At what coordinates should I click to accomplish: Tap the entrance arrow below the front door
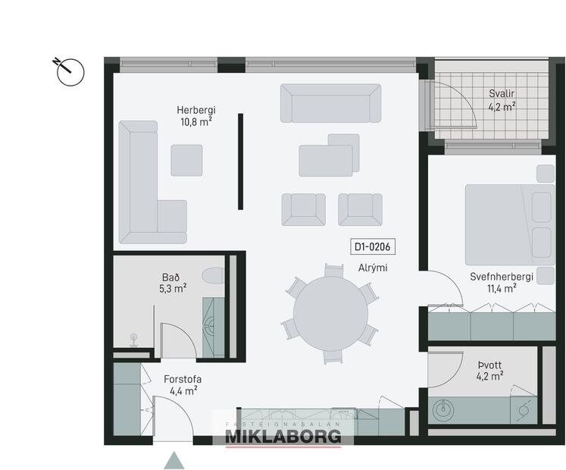[x=174, y=459]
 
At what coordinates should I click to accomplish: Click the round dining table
[x=330, y=312]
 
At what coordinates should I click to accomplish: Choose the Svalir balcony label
[x=502, y=99]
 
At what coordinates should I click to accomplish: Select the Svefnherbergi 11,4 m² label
[x=501, y=282]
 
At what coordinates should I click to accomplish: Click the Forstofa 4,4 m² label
[x=182, y=384]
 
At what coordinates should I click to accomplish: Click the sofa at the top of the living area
[x=330, y=103]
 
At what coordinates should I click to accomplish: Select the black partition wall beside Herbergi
[x=241, y=161]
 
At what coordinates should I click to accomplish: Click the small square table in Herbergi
[x=186, y=160]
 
